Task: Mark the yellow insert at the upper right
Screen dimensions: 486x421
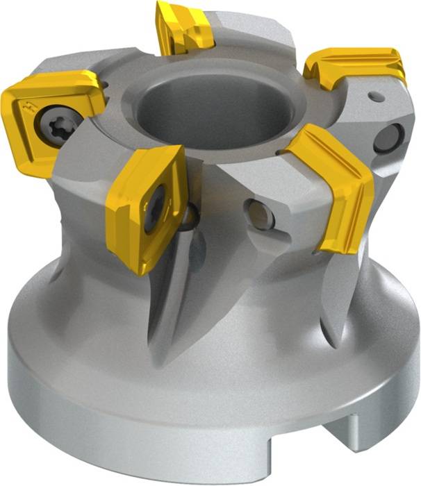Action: coord(354,67)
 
